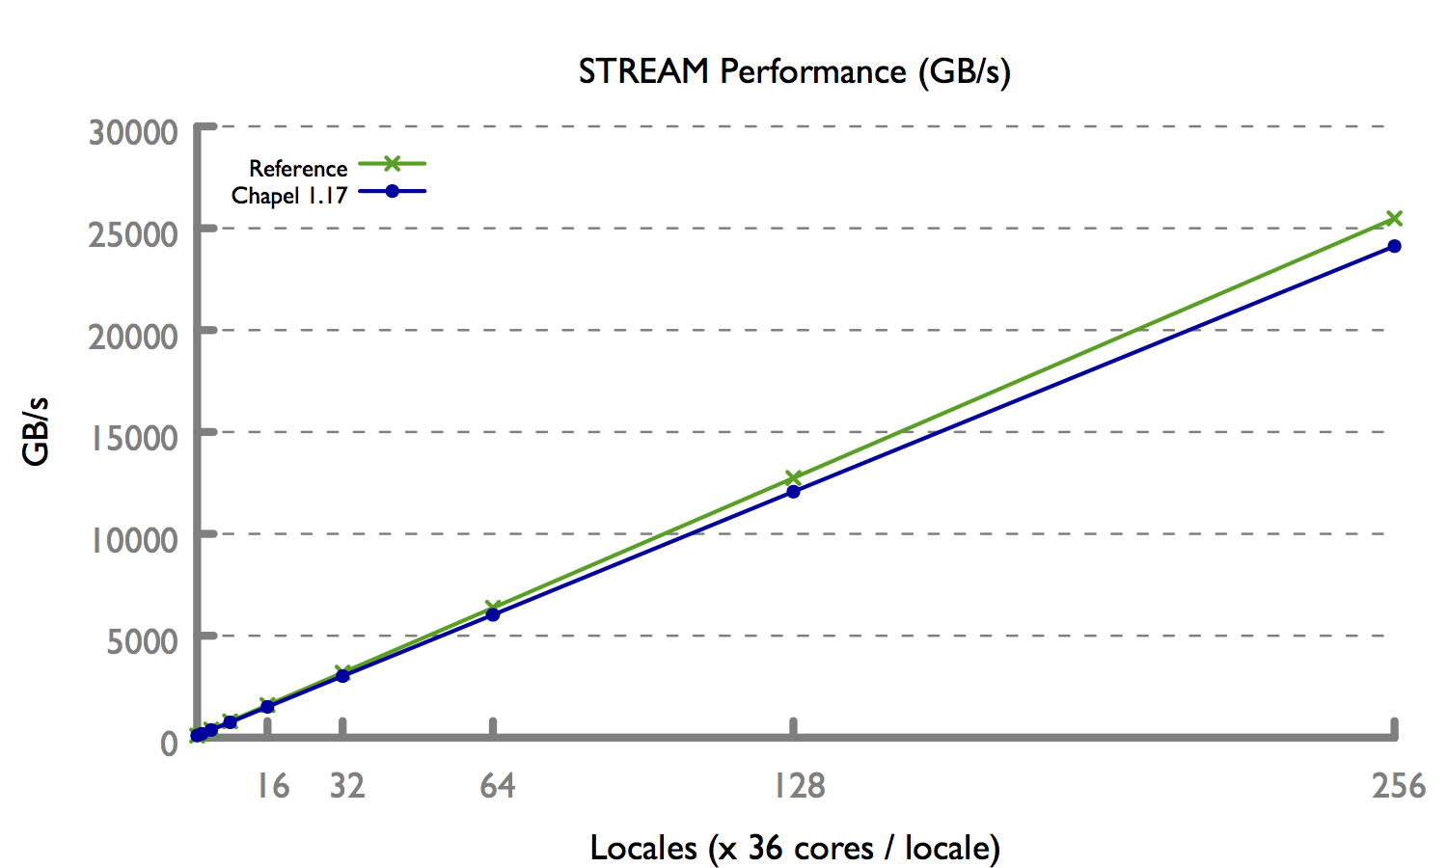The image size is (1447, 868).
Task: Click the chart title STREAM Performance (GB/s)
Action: pyautogui.click(x=794, y=72)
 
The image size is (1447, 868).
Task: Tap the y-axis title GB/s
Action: pyautogui.click(x=37, y=431)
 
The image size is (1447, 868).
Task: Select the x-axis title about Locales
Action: pyautogui.click(x=795, y=848)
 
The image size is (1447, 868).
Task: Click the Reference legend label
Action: pyautogui.click(x=297, y=169)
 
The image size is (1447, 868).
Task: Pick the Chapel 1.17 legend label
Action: pyautogui.click(x=288, y=196)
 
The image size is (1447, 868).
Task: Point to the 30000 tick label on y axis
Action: pyautogui.click(x=133, y=132)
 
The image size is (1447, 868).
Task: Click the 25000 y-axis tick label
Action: pyautogui.click(x=133, y=234)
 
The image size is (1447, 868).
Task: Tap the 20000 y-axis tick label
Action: pyautogui.click(x=133, y=337)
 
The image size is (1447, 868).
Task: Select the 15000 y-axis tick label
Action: pyautogui.click(x=135, y=438)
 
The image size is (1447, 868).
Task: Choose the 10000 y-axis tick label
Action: pyautogui.click(x=135, y=540)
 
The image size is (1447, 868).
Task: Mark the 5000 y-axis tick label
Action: pyautogui.click(x=142, y=641)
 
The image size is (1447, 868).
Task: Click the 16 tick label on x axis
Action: pyautogui.click(x=272, y=787)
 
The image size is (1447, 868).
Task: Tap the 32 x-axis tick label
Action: pyautogui.click(x=347, y=787)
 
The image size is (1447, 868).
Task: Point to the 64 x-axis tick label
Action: pyautogui.click(x=498, y=787)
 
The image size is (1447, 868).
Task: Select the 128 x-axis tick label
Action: pyautogui.click(x=800, y=787)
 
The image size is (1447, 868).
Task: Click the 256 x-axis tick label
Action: pyautogui.click(x=1399, y=787)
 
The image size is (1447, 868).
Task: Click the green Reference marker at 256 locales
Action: pyautogui.click(x=1394, y=219)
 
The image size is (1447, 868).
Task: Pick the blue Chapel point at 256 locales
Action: pyautogui.click(x=1394, y=246)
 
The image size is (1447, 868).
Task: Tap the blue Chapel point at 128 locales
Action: pyautogui.click(x=793, y=492)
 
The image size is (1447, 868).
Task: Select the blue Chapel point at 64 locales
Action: pyautogui.click(x=493, y=614)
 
